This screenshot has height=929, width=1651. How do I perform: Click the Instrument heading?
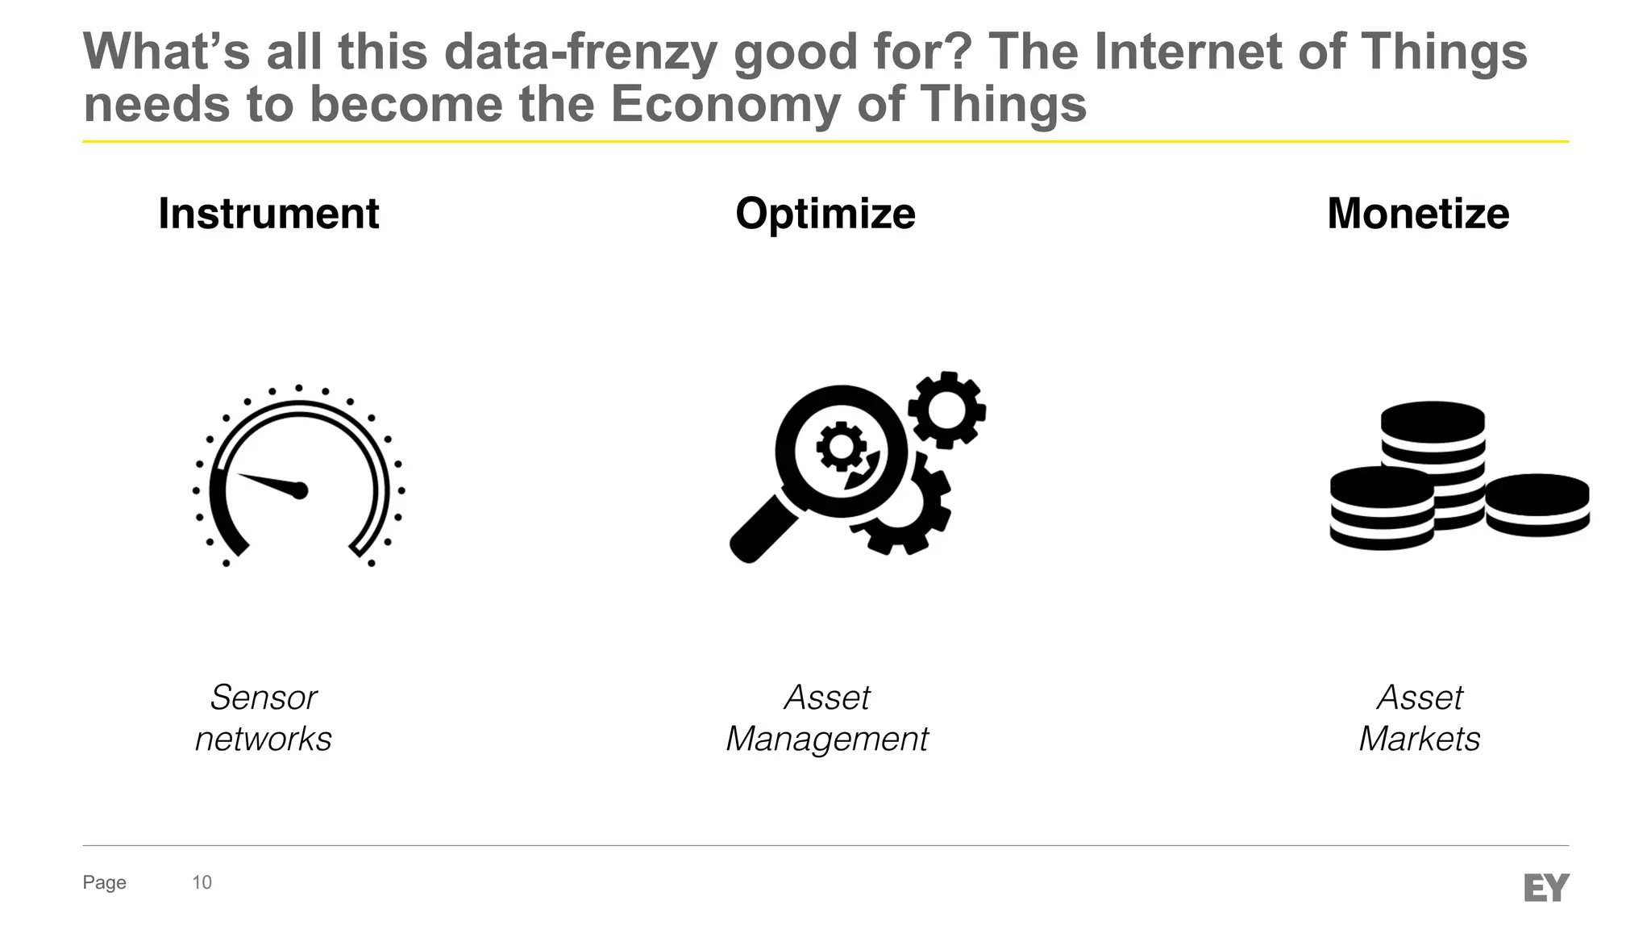(x=268, y=214)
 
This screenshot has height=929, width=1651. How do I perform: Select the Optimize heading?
(x=825, y=214)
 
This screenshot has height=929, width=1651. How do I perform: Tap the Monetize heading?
(x=1418, y=214)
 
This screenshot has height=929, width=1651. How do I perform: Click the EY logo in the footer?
(x=1546, y=887)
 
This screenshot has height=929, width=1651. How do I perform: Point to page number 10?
(x=202, y=882)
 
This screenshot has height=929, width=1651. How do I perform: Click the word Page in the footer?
(x=104, y=882)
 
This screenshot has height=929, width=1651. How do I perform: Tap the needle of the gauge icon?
(x=270, y=482)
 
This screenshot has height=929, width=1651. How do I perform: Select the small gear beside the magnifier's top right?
(x=946, y=410)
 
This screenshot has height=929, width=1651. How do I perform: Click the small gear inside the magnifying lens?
(x=840, y=447)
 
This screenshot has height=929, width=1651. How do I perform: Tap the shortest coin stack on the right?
(x=1537, y=504)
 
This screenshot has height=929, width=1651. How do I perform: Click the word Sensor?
(x=264, y=698)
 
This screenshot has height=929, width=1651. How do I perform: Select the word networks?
(x=264, y=739)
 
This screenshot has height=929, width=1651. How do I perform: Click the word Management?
(x=827, y=739)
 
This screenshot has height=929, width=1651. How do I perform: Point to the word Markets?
(x=1420, y=739)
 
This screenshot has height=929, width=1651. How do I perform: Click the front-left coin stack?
(x=1382, y=508)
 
